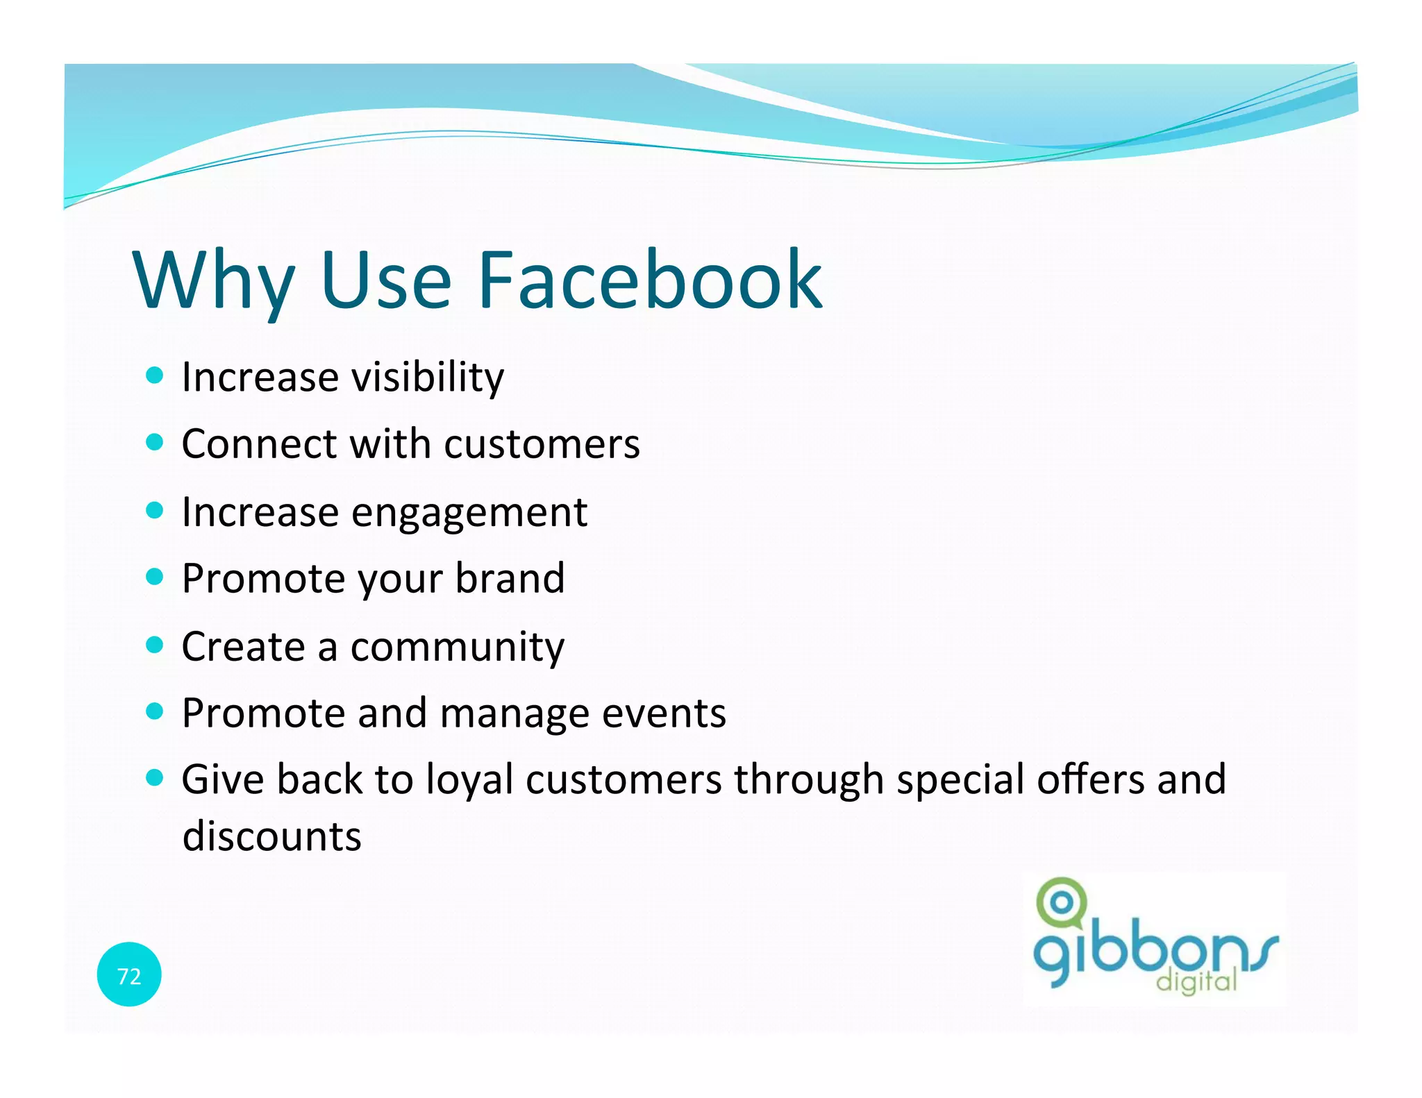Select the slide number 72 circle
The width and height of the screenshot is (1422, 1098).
click(129, 974)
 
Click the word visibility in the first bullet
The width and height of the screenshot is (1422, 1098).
click(427, 378)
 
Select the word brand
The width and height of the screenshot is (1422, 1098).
click(510, 578)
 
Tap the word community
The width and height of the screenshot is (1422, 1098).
click(457, 648)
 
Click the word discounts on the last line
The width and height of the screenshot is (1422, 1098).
click(271, 836)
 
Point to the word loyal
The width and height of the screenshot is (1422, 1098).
click(469, 780)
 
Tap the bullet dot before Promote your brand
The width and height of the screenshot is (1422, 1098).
click(155, 577)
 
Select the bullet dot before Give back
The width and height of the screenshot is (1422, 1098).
click(155, 777)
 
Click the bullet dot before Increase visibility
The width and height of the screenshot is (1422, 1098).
click(155, 375)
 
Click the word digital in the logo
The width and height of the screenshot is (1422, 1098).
click(1196, 981)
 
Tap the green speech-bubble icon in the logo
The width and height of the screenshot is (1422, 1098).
click(1060, 903)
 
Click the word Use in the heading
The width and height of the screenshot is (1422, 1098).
click(385, 280)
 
